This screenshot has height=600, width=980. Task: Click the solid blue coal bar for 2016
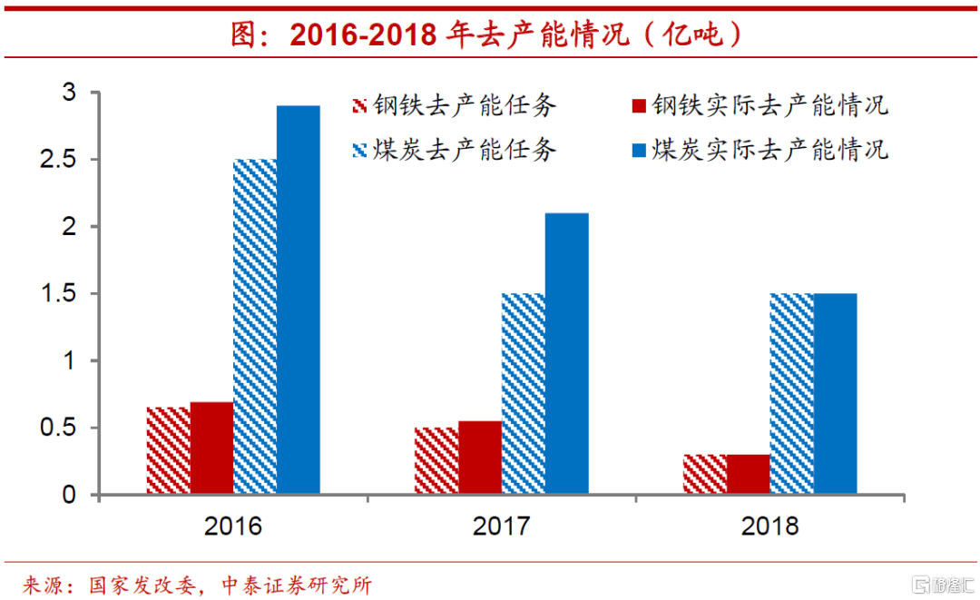[298, 300]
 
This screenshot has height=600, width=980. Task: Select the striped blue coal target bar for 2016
[255, 327]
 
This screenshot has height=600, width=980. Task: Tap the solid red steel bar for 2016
[211, 448]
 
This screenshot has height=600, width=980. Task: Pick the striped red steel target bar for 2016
[168, 451]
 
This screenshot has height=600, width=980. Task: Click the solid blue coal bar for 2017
[566, 354]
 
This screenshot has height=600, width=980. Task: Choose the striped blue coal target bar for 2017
[524, 394]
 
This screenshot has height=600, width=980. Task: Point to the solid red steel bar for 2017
[480, 457]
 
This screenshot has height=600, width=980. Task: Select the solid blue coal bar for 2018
[835, 394]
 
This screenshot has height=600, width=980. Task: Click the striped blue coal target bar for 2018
[792, 394]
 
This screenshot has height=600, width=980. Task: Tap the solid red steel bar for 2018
[749, 475]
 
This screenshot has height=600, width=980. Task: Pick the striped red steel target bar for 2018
[705, 475]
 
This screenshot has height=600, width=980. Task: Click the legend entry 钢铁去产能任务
[454, 105]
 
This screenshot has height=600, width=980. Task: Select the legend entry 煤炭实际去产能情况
[759, 149]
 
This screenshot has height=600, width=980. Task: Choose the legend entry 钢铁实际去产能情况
[759, 105]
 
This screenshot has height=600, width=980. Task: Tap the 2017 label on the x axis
[501, 526]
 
